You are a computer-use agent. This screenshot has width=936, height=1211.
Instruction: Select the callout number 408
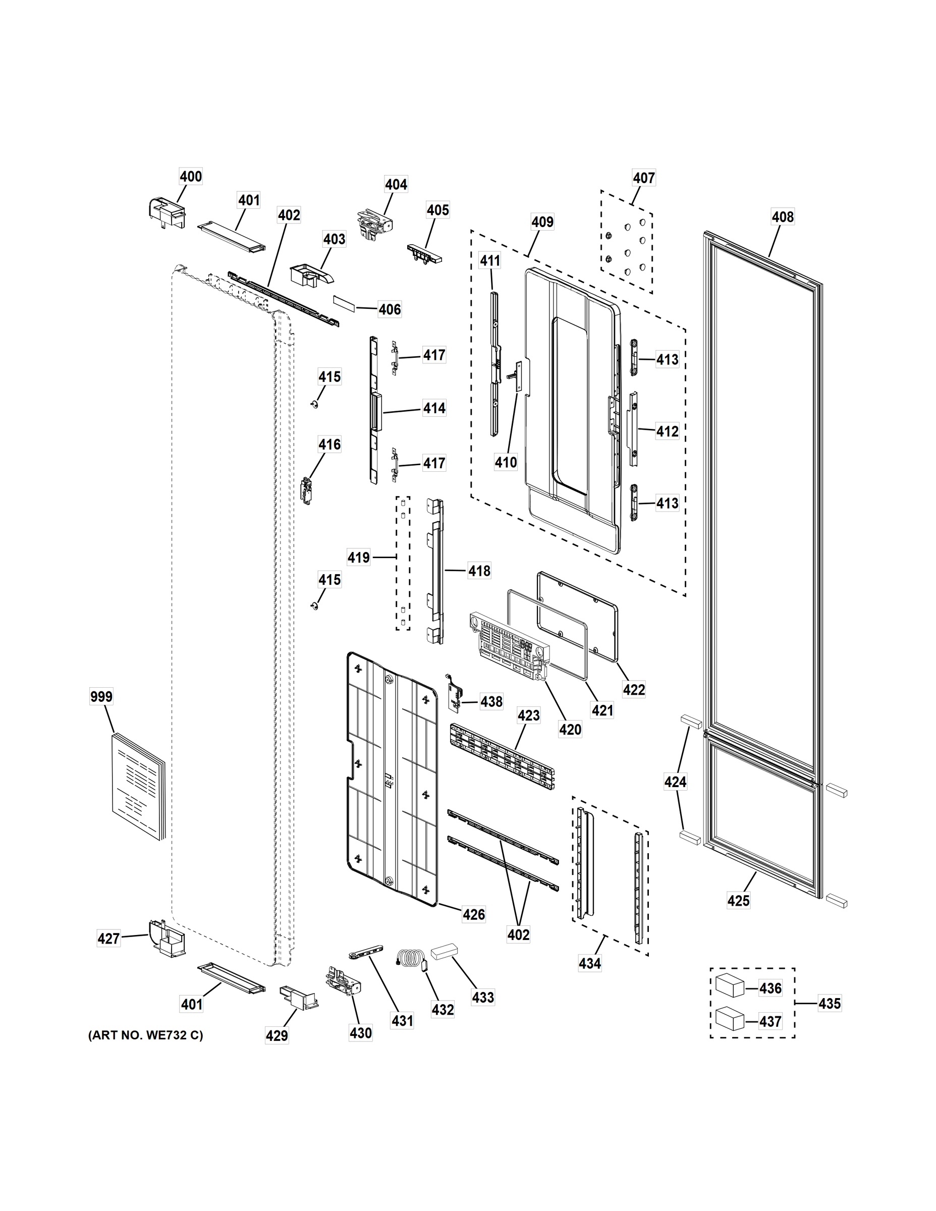coord(783,217)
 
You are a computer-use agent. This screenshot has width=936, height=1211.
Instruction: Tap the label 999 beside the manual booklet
coord(101,696)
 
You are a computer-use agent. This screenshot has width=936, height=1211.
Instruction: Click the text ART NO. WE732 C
coord(146,1035)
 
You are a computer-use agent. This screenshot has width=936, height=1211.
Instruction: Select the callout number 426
coord(473,914)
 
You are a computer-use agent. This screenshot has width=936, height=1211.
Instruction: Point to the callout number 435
coord(830,1003)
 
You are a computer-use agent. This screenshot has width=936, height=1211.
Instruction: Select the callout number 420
coord(570,729)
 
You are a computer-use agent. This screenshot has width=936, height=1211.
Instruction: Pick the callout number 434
coord(589,963)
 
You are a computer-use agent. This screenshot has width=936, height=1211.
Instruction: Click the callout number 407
coord(644,178)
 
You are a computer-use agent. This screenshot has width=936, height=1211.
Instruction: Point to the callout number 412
coord(667,431)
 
